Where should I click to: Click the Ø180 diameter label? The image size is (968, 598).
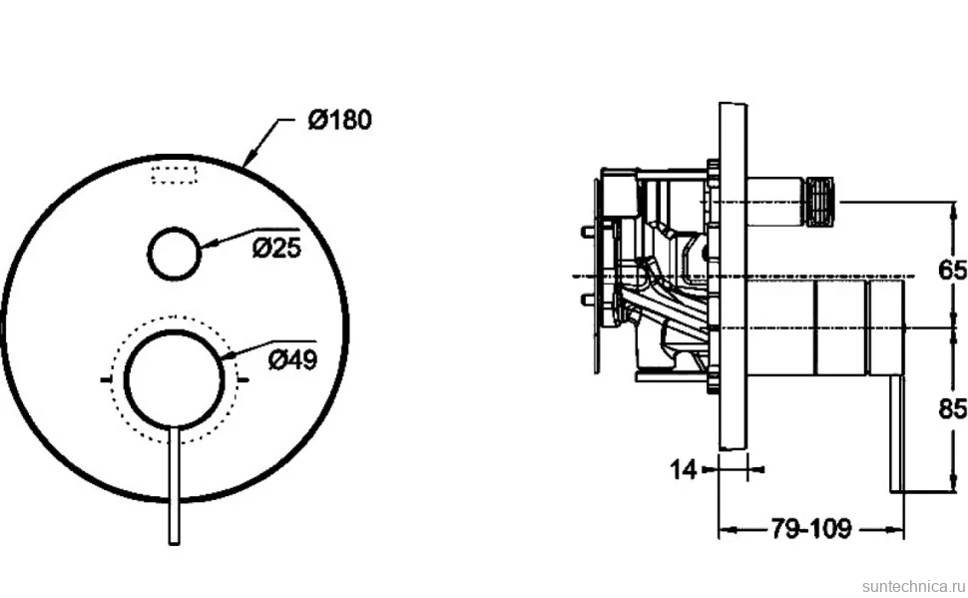(x=340, y=120)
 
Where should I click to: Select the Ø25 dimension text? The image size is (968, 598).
(x=276, y=248)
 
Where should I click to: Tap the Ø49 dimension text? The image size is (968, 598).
(x=292, y=359)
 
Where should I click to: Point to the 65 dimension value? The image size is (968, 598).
(x=952, y=270)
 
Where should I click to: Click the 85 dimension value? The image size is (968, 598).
(x=952, y=408)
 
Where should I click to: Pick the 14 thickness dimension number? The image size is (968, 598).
(x=684, y=470)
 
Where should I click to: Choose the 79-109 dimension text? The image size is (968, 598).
(x=810, y=528)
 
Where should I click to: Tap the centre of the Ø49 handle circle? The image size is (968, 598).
(x=174, y=378)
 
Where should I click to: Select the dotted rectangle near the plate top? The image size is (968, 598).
(x=175, y=175)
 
